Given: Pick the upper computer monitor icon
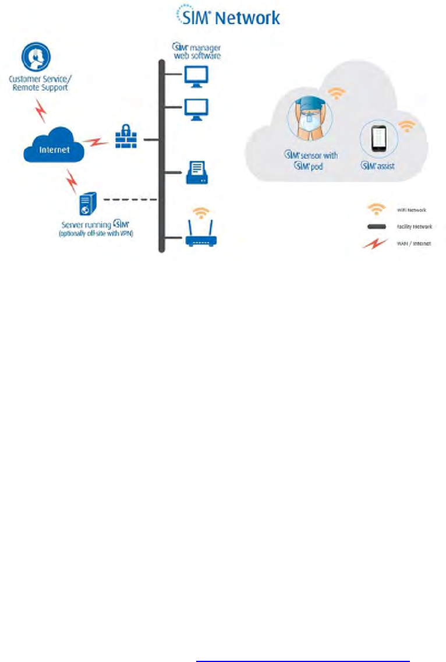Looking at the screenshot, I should click(196, 76).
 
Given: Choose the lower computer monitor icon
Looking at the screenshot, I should click(196, 108).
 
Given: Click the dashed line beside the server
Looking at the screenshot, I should click(131, 200).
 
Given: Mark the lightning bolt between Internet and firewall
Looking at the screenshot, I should click(94, 141).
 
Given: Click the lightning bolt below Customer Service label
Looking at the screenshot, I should click(42, 110).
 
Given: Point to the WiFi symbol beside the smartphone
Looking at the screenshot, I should click(407, 125).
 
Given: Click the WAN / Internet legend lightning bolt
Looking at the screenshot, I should click(376, 244).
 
